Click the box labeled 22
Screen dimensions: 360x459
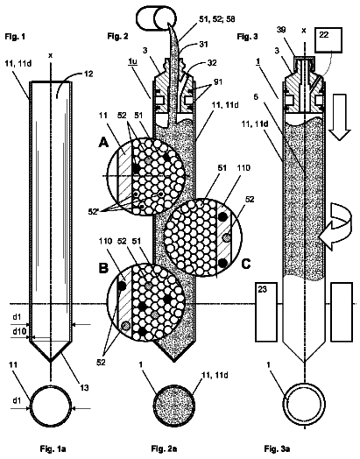point(330,40)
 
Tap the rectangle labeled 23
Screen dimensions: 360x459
point(266,312)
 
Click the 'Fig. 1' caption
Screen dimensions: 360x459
point(15,37)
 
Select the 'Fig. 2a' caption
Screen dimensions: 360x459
point(164,448)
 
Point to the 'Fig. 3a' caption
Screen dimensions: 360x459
point(277,448)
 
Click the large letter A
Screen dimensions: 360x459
point(104,143)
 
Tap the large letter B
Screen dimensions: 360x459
point(104,268)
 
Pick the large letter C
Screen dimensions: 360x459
point(246,264)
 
